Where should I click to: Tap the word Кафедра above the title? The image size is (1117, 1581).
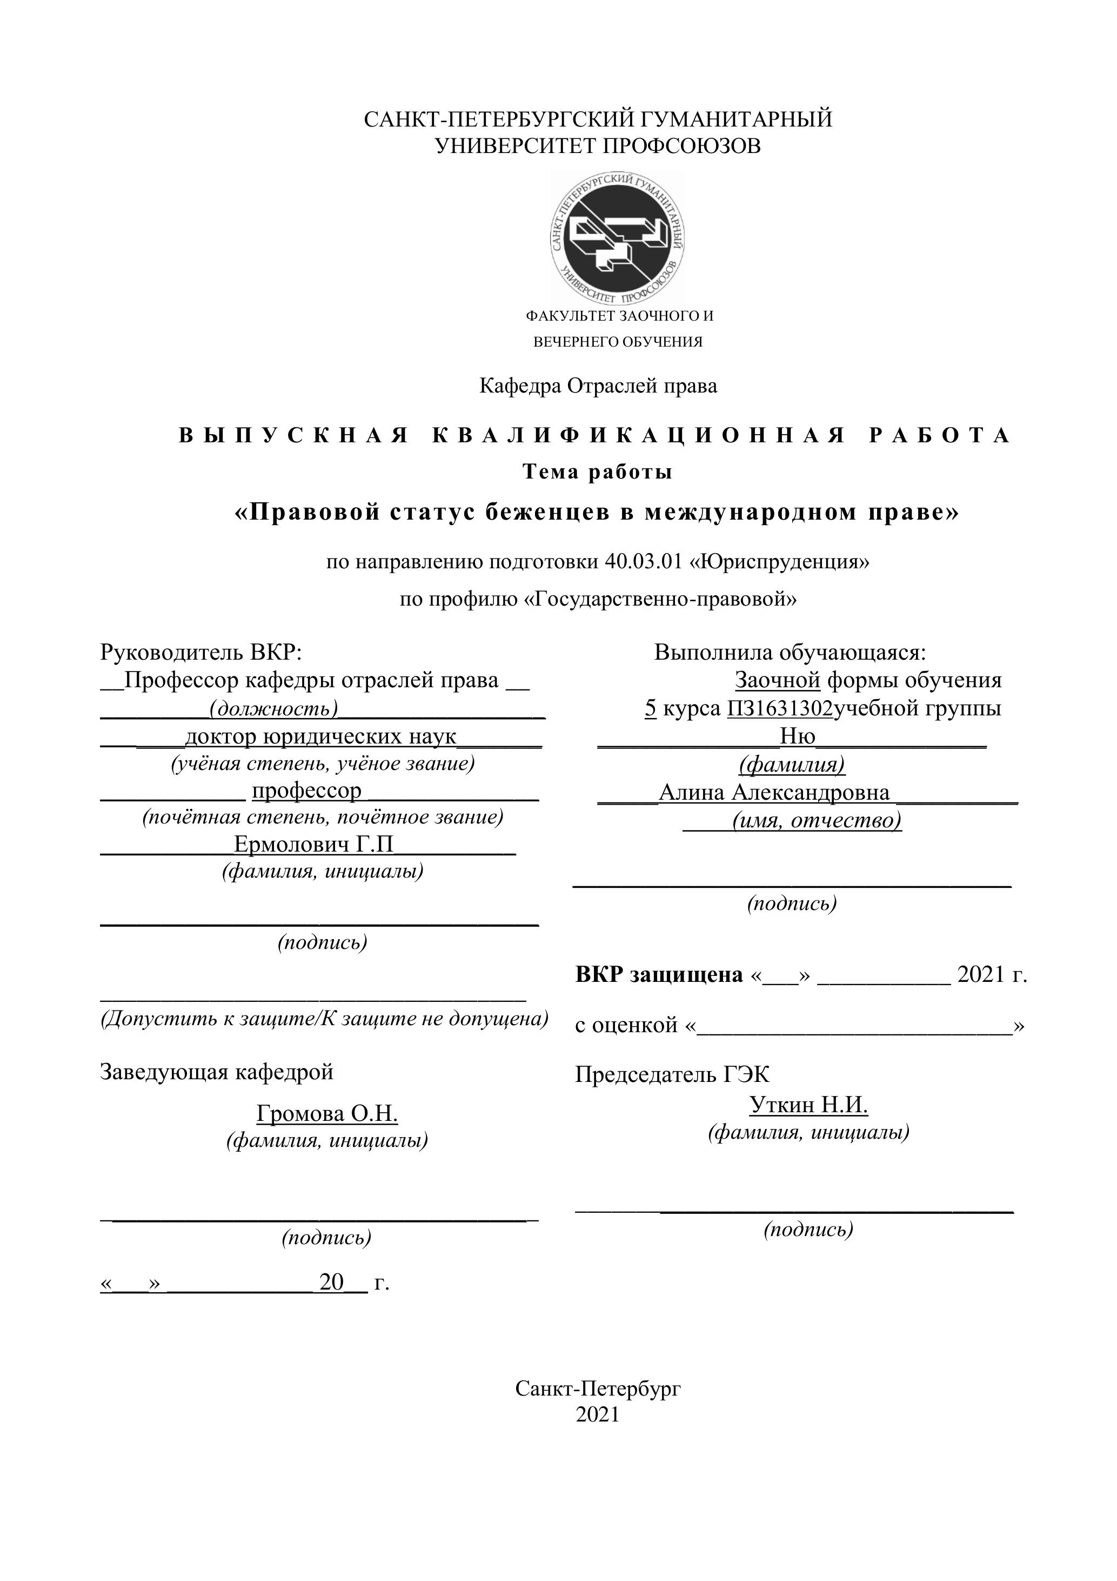520,386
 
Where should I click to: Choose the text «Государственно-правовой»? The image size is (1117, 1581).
661,599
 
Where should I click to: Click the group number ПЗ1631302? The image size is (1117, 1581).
780,708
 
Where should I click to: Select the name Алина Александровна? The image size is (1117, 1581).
773,793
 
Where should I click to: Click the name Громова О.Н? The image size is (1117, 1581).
327,1113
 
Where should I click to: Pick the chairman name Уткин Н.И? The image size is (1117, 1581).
808,1105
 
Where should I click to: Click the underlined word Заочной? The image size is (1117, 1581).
777,680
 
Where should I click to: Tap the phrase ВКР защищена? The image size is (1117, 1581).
659,974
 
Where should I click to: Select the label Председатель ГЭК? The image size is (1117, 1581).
672,1074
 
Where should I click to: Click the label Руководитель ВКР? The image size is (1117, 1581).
201,652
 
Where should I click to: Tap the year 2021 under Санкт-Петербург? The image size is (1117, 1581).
597,1414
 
